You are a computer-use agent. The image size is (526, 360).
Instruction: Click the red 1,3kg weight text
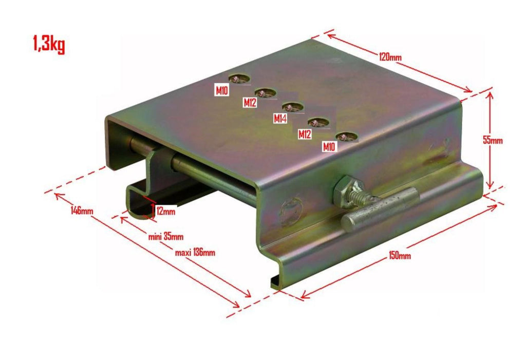click(x=49, y=44)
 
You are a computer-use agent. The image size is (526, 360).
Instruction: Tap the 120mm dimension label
click(x=390, y=56)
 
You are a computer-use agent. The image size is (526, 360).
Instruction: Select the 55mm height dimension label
click(x=493, y=140)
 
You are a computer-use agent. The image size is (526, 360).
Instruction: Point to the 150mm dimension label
click(x=400, y=255)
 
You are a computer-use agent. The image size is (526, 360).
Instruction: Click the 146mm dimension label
click(x=82, y=211)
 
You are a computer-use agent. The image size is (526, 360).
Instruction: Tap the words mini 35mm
click(x=166, y=237)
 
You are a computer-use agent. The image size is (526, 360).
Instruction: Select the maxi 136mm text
click(x=195, y=252)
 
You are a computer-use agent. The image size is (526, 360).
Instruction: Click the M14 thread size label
click(x=280, y=119)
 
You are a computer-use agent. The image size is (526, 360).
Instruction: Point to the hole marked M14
click(x=293, y=107)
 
